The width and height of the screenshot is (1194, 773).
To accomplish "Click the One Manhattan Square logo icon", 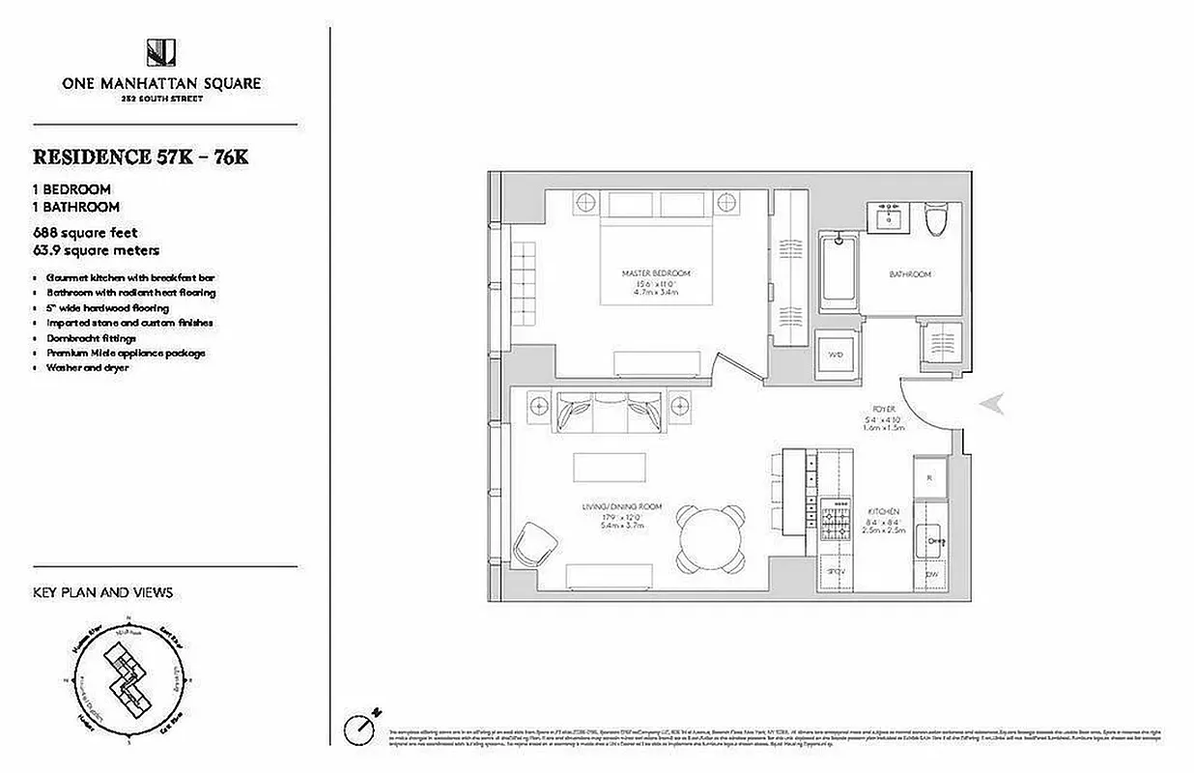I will [x=160, y=52].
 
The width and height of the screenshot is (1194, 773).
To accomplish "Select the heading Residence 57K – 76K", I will [x=141, y=157].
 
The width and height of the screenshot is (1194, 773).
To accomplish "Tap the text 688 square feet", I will [x=85, y=233].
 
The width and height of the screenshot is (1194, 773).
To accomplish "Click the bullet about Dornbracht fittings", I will [x=91, y=338].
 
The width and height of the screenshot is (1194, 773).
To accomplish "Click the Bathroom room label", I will [x=910, y=274].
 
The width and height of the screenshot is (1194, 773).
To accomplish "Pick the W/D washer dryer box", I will [x=836, y=355].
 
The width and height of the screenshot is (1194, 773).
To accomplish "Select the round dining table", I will [x=711, y=534].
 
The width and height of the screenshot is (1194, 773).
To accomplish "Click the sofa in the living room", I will [x=608, y=413].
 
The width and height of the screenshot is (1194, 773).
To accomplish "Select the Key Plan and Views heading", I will [x=103, y=592].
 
